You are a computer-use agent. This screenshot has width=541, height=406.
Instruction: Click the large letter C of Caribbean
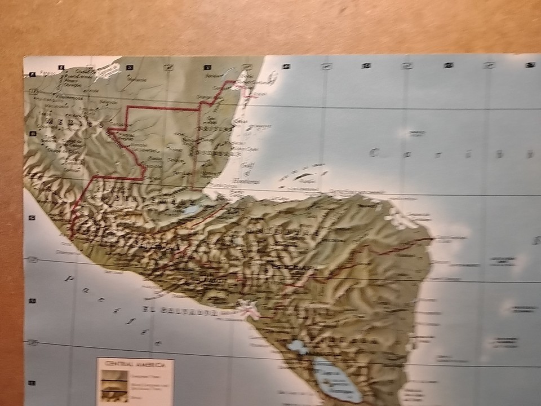click(374, 152)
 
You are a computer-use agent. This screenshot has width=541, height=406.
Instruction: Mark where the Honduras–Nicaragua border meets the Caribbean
click(431, 240)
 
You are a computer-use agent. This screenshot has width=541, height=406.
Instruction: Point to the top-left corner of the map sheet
click(24, 56)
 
